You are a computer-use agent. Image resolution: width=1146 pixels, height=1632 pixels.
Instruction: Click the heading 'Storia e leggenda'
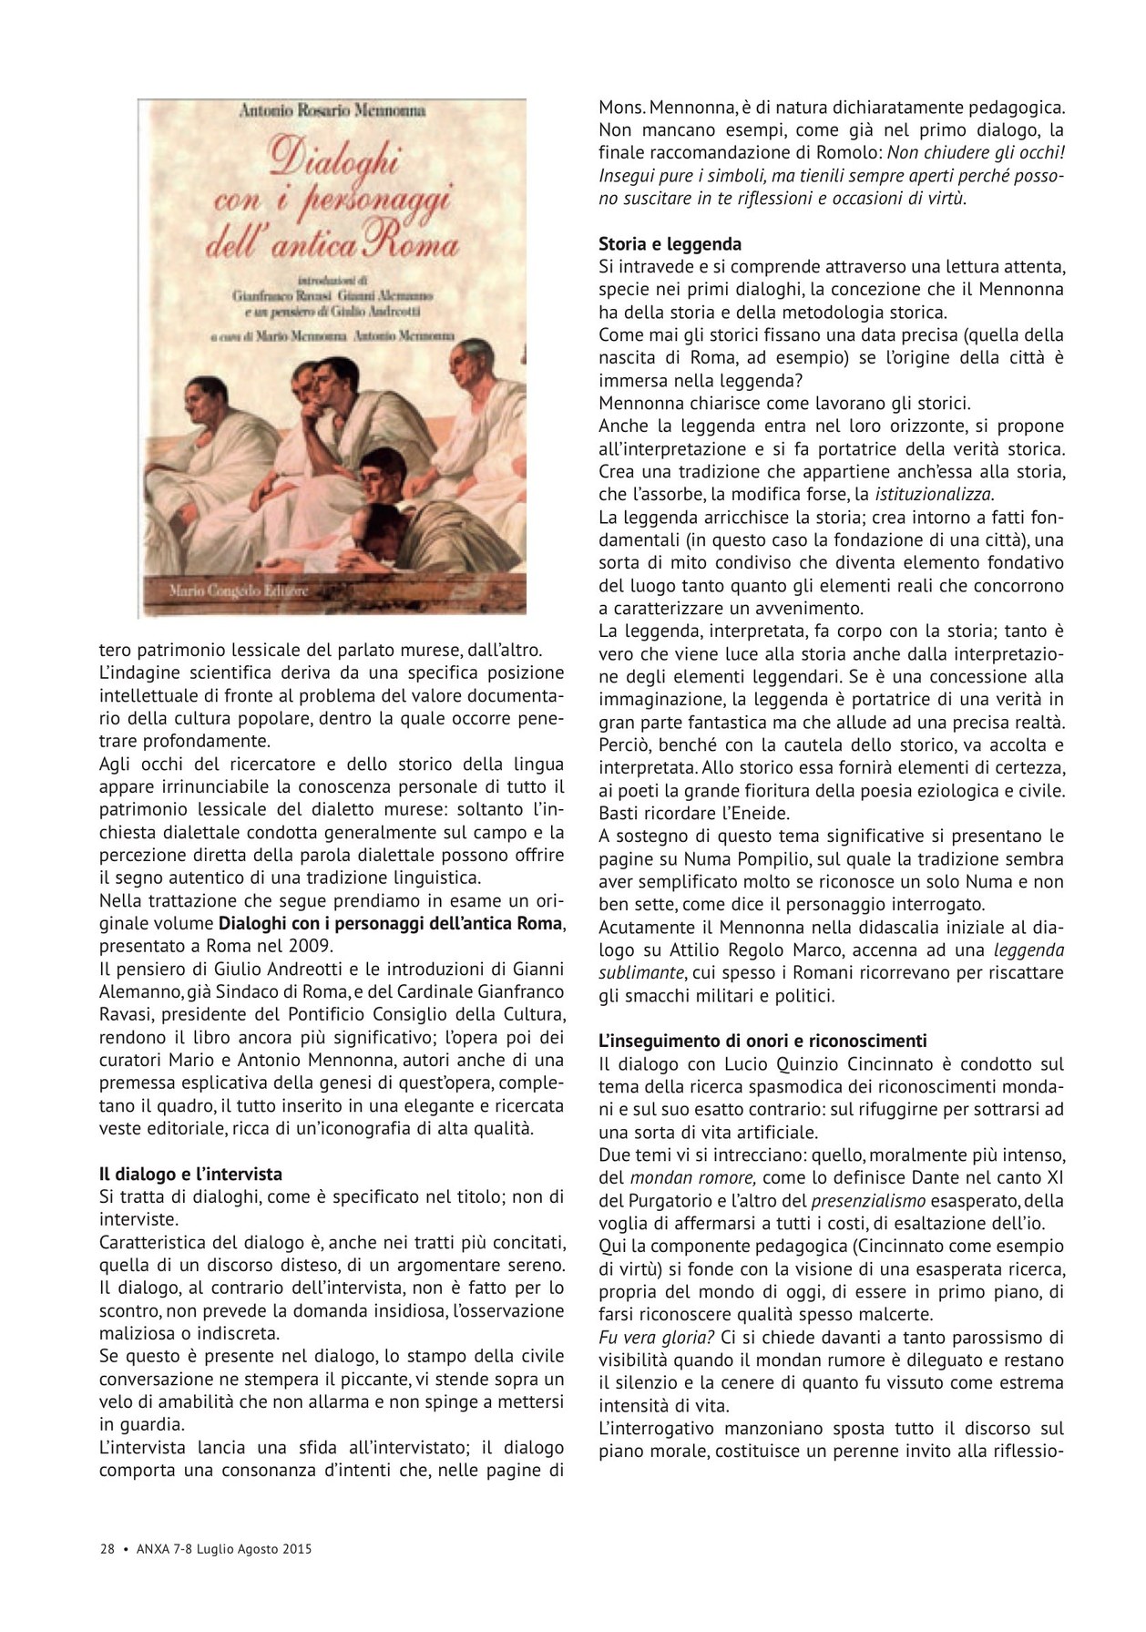(x=670, y=244)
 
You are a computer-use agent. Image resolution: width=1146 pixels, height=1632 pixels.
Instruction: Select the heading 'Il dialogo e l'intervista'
(x=190, y=1174)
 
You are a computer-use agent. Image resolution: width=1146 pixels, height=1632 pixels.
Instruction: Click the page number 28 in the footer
(x=107, y=1548)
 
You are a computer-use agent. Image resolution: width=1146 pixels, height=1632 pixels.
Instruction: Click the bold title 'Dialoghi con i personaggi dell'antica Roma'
(x=391, y=924)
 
